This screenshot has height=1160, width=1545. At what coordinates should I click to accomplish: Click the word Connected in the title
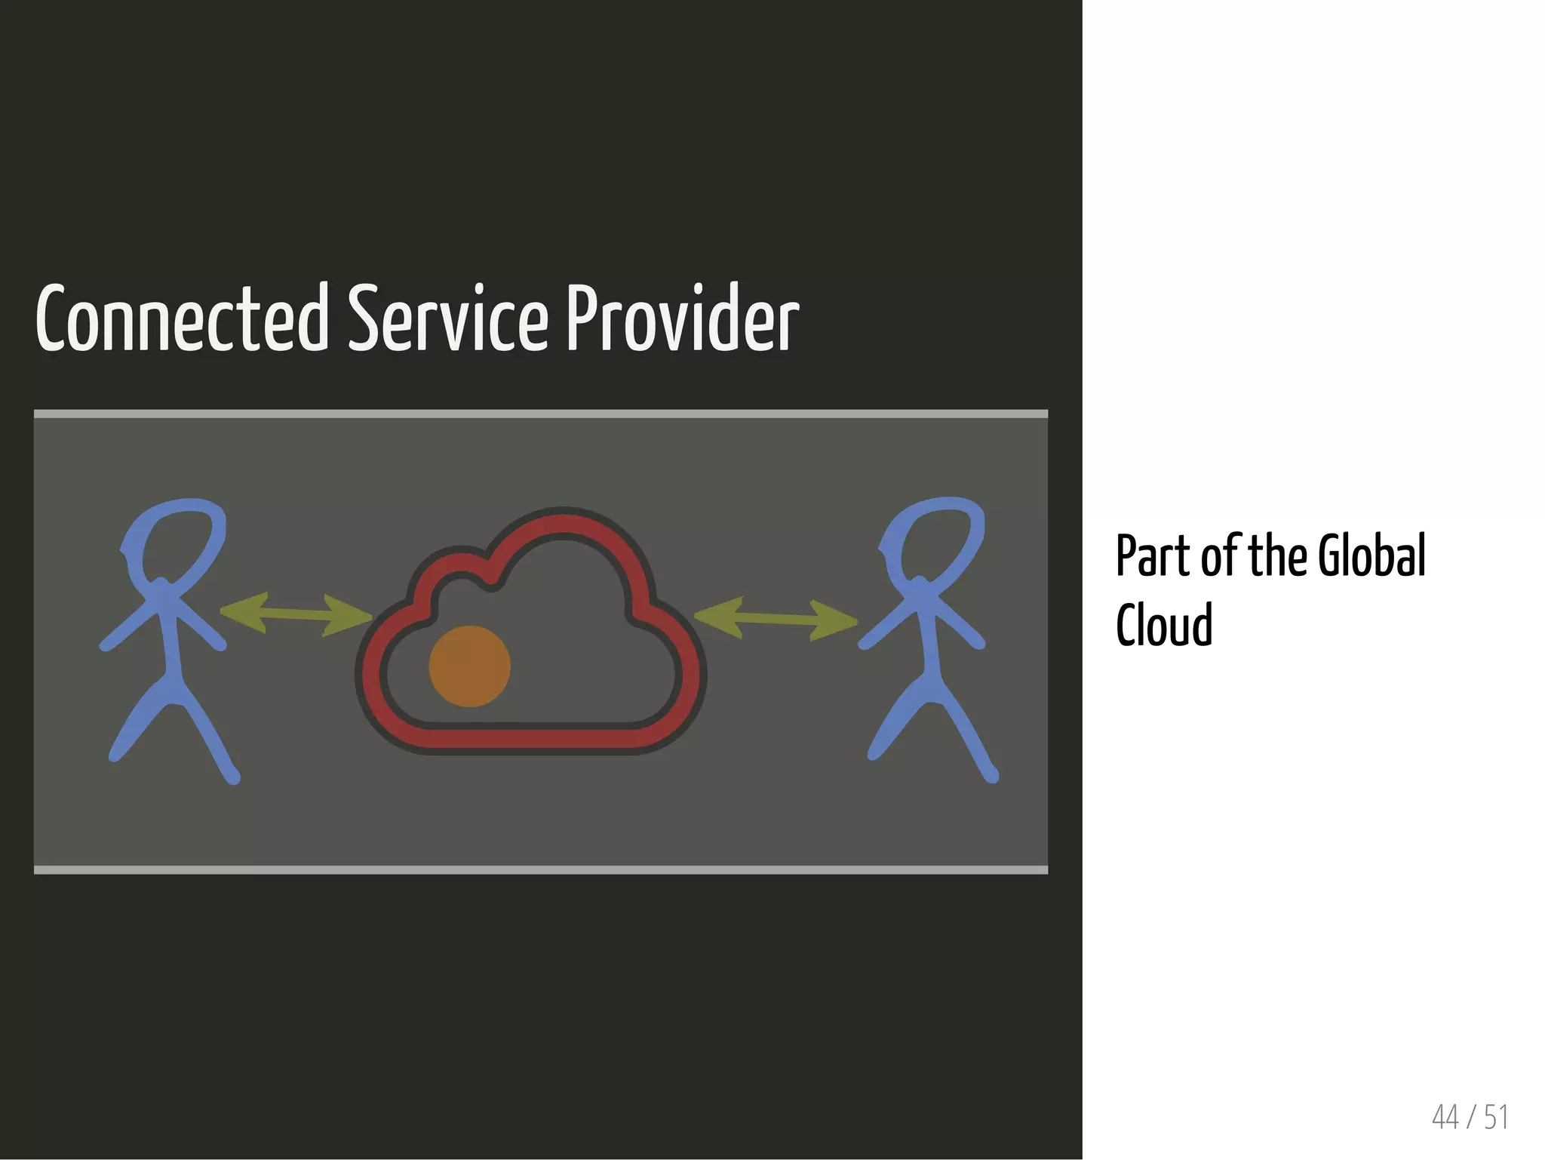pyautogui.click(x=182, y=319)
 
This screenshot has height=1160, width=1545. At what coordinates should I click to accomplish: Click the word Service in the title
pyautogui.click(x=447, y=319)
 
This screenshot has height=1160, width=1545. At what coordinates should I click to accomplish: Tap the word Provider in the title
pyautogui.click(x=682, y=319)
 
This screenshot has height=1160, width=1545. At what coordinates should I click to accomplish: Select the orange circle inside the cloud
pyautogui.click(x=469, y=666)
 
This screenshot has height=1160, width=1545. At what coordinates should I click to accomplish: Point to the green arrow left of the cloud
pyautogui.click(x=296, y=614)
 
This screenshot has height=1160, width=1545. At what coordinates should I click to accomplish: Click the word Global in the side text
pyautogui.click(x=1371, y=555)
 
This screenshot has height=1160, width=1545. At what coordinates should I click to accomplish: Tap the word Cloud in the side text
pyautogui.click(x=1164, y=625)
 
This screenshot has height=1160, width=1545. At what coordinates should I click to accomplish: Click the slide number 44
pyautogui.click(x=1445, y=1118)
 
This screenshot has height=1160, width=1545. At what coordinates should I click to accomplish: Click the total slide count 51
pyautogui.click(x=1496, y=1118)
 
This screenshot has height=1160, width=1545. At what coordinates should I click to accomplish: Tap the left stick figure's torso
pyautogui.click(x=170, y=642)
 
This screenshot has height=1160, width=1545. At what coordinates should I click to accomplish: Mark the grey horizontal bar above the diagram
pyautogui.click(x=541, y=414)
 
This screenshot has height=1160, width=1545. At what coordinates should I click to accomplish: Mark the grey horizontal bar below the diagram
pyautogui.click(x=541, y=870)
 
